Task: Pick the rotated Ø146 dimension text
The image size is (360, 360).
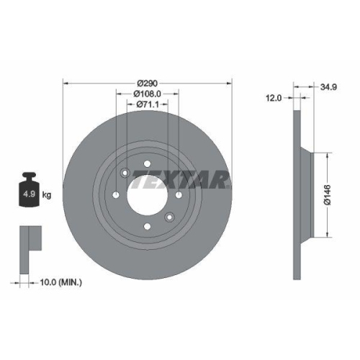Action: [x=327, y=194]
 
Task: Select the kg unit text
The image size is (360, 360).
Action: [x=47, y=194]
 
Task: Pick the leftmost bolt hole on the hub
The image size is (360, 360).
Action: [x=116, y=196]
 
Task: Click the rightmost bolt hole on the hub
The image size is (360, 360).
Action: [x=176, y=193]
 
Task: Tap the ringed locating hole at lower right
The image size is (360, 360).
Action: [x=170, y=217]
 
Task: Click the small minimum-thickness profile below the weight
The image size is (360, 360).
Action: [x=28, y=237]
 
